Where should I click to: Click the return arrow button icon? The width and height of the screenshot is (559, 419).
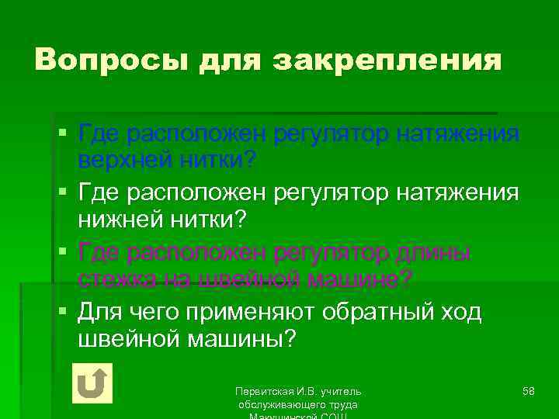pyautogui.click(x=92, y=383)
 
